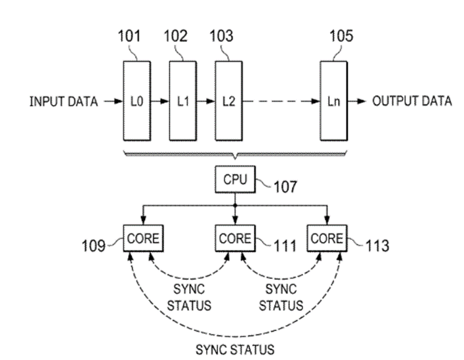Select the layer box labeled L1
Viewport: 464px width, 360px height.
pyautogui.click(x=182, y=101)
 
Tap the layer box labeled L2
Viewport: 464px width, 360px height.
pyautogui.click(x=227, y=101)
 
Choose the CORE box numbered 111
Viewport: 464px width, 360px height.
pyautogui.click(x=234, y=239)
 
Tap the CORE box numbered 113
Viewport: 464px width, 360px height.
pyautogui.click(x=326, y=239)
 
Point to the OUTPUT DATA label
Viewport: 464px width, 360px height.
pyautogui.click(x=411, y=102)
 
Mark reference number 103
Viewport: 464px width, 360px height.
pyautogui.click(x=221, y=37)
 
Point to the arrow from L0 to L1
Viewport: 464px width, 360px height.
pyautogui.click(x=158, y=102)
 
